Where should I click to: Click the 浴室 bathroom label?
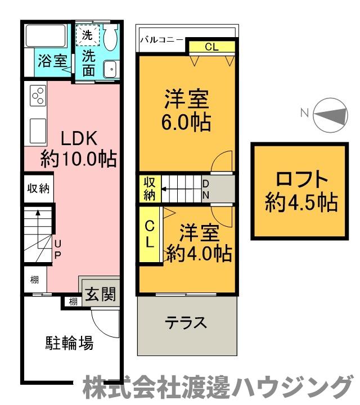click(x=52, y=61)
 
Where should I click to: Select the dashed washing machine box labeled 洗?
click(x=88, y=35)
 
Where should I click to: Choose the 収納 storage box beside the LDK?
click(x=38, y=188)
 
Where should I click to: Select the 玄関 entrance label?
click(x=102, y=294)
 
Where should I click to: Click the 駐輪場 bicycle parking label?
click(x=69, y=343)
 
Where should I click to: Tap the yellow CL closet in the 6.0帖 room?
click(x=211, y=47)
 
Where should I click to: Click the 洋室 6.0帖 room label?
click(x=186, y=111)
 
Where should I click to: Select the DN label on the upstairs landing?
click(x=206, y=190)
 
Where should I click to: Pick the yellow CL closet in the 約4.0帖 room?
click(x=150, y=234)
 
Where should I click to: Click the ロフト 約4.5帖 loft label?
click(x=301, y=190)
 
